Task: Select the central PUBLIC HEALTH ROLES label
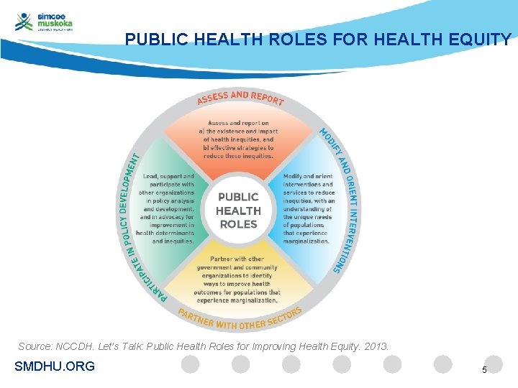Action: (x=238, y=210)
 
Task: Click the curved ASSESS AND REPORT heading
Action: (x=240, y=98)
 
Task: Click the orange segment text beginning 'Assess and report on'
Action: (x=238, y=139)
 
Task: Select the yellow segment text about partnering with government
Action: (x=237, y=280)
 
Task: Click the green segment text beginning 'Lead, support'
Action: (x=167, y=208)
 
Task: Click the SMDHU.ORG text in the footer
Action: (x=55, y=366)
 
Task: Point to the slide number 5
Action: (x=484, y=369)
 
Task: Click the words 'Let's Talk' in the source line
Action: (x=129, y=346)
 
